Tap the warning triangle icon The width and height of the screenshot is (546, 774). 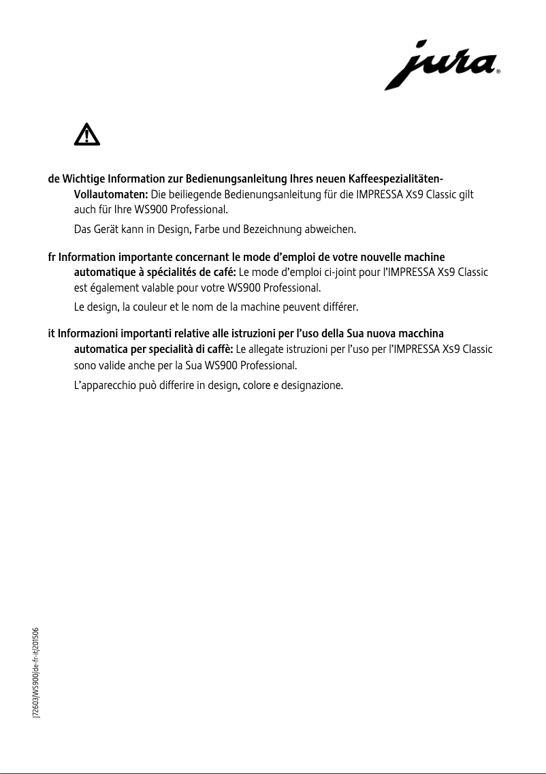(86, 135)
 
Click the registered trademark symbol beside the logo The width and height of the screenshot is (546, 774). (499, 71)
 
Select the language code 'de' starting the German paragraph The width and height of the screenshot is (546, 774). (53, 179)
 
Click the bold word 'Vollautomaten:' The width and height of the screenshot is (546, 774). (110, 195)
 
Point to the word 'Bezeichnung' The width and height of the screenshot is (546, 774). (272, 229)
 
